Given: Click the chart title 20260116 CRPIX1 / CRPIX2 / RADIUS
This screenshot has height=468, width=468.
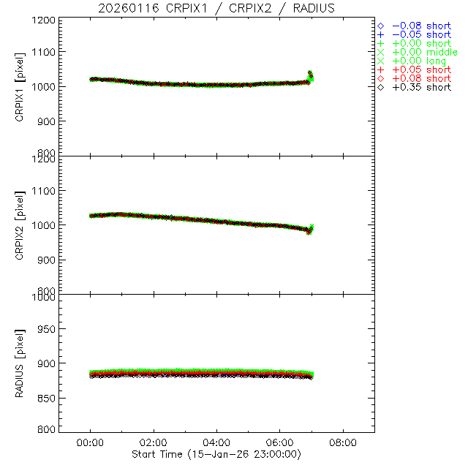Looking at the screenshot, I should tap(217, 8).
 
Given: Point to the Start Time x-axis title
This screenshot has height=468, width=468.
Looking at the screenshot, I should tap(217, 455).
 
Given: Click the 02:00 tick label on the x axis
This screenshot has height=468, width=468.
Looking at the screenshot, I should tap(154, 443).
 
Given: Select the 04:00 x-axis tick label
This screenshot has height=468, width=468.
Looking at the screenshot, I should tap(217, 443).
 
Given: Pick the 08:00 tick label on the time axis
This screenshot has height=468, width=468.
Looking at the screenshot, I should tap(343, 443).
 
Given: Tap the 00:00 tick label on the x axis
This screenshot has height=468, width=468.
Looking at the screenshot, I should tap(91, 443).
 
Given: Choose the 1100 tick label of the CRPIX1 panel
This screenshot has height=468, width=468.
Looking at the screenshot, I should tap(44, 52).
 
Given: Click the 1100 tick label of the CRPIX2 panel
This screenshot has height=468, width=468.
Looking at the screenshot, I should tap(44, 191).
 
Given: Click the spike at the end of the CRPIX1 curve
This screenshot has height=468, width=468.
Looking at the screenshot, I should tap(310, 75).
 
